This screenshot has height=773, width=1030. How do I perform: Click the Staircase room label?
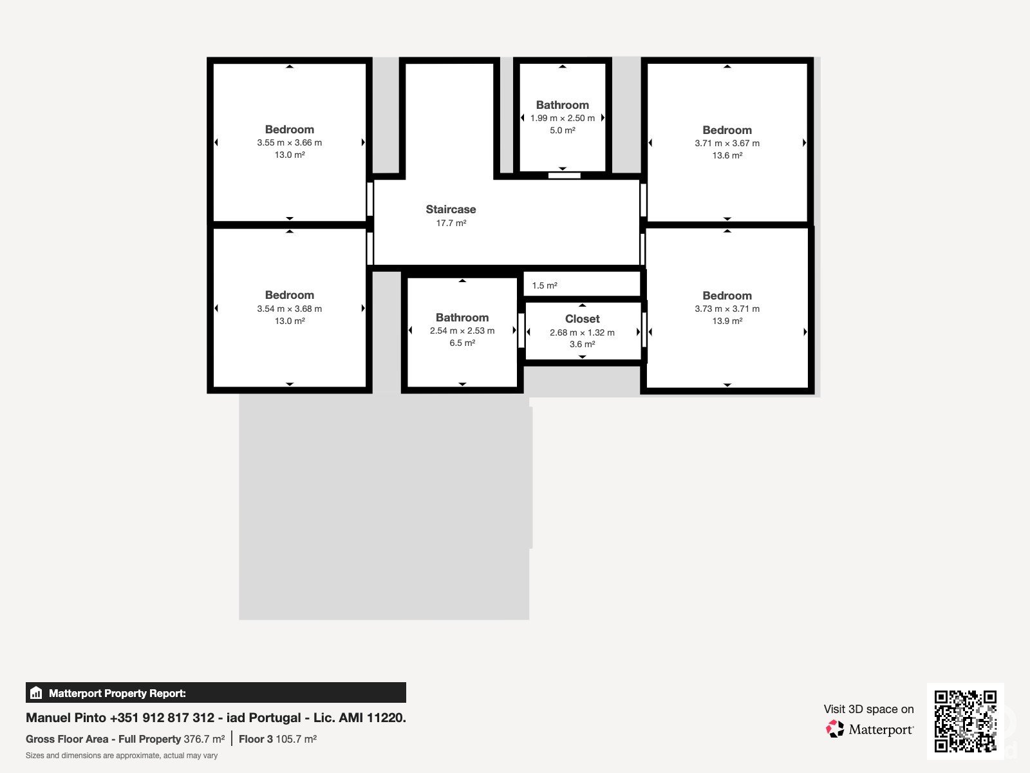point(451,209)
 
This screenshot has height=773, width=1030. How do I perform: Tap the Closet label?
point(582,319)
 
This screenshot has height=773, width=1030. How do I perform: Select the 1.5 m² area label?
point(545,285)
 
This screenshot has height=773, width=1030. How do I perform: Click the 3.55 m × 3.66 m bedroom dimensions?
point(289,142)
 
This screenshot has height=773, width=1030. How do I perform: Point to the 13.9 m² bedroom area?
point(727,321)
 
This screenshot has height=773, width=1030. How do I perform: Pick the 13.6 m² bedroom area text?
point(727,155)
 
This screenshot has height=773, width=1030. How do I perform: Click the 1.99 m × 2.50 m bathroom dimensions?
point(562,119)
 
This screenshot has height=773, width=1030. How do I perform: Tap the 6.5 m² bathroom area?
point(462,343)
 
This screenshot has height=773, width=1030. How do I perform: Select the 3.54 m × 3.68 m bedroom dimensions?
point(289,309)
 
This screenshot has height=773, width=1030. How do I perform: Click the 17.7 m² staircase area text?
point(451,223)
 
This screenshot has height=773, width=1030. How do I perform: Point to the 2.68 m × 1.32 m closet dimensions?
point(582,333)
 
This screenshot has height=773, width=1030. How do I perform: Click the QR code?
point(965,721)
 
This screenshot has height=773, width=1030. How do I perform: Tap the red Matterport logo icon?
point(835,729)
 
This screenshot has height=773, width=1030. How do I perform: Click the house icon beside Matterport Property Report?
point(36,692)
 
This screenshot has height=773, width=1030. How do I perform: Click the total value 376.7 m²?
point(204,740)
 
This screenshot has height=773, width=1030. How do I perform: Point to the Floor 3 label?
point(256,740)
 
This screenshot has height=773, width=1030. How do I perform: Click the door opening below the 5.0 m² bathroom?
point(564,175)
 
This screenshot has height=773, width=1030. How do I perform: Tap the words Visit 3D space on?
point(868,709)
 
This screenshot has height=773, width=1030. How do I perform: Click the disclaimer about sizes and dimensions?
point(122,756)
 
